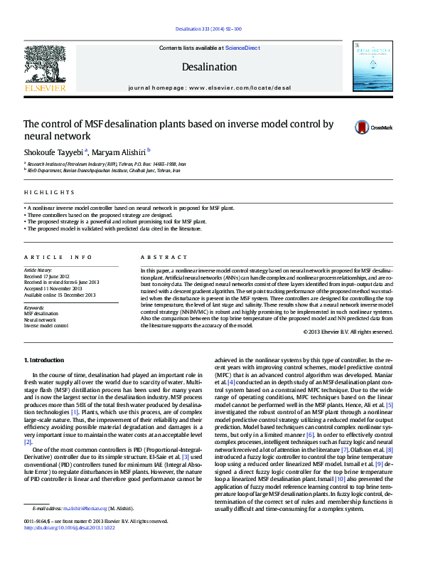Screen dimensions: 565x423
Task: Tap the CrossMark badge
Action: coord(373,127)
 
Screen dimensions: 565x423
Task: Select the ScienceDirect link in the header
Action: coord(242,48)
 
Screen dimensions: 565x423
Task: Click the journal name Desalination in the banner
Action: coord(209,67)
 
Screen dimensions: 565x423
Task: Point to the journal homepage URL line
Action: coord(209,88)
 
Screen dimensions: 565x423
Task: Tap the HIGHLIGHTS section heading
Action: coord(49,192)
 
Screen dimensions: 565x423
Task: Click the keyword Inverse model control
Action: coord(46,326)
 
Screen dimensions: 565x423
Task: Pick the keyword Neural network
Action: coord(40,320)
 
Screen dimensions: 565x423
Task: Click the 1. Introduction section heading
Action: coord(44,361)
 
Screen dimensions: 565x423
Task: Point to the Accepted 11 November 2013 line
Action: coord(53,287)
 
